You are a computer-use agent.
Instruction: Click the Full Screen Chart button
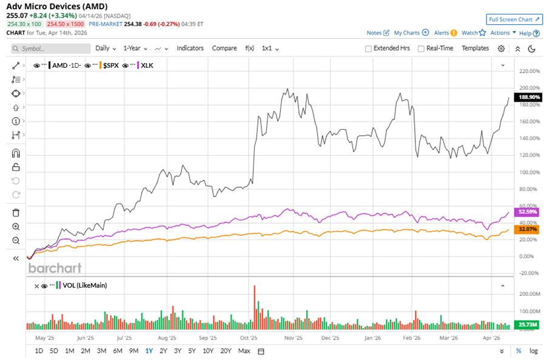pos(514,19)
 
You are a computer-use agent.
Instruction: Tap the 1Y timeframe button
pos(149,351)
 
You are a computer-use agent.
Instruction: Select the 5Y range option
pos(192,351)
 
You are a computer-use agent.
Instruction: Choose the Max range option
pos(244,351)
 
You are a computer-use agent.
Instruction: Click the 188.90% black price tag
pos(528,97)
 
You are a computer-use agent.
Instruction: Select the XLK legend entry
pos(146,65)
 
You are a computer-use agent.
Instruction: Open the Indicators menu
pos(190,48)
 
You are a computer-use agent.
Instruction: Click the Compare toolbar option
pos(224,48)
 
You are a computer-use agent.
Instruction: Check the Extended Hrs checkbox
pos(369,48)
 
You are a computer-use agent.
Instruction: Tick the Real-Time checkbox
pos(421,48)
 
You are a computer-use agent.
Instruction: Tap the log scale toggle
pos(533,351)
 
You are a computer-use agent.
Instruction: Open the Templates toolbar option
pos(475,48)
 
